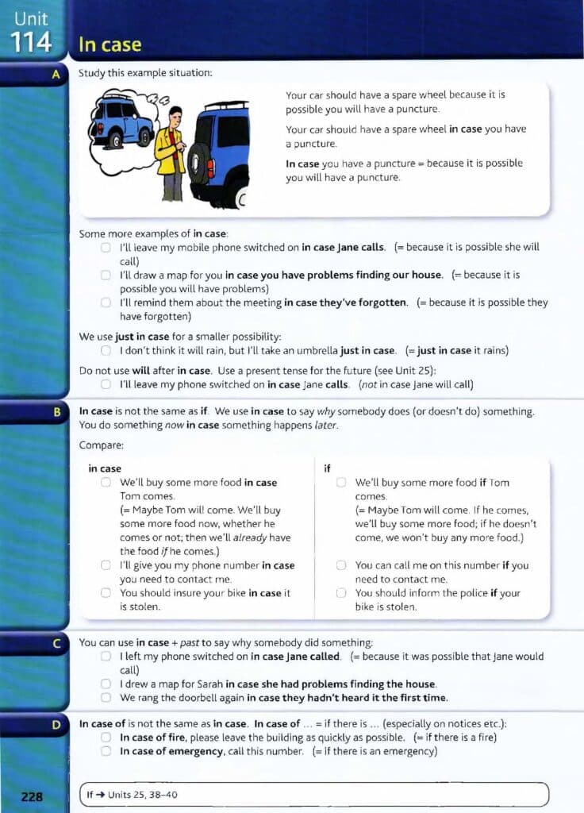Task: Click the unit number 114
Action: (31, 42)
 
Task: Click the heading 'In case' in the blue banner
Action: (109, 45)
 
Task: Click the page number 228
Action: (32, 796)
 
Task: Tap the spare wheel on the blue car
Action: (198, 163)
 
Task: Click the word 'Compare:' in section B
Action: (102, 445)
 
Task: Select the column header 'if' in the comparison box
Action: (328, 468)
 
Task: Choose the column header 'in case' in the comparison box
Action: (105, 468)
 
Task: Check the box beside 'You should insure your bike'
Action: (106, 593)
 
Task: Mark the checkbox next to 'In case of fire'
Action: (106, 738)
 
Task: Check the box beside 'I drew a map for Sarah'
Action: (106, 684)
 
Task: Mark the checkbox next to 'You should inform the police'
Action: (341, 593)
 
